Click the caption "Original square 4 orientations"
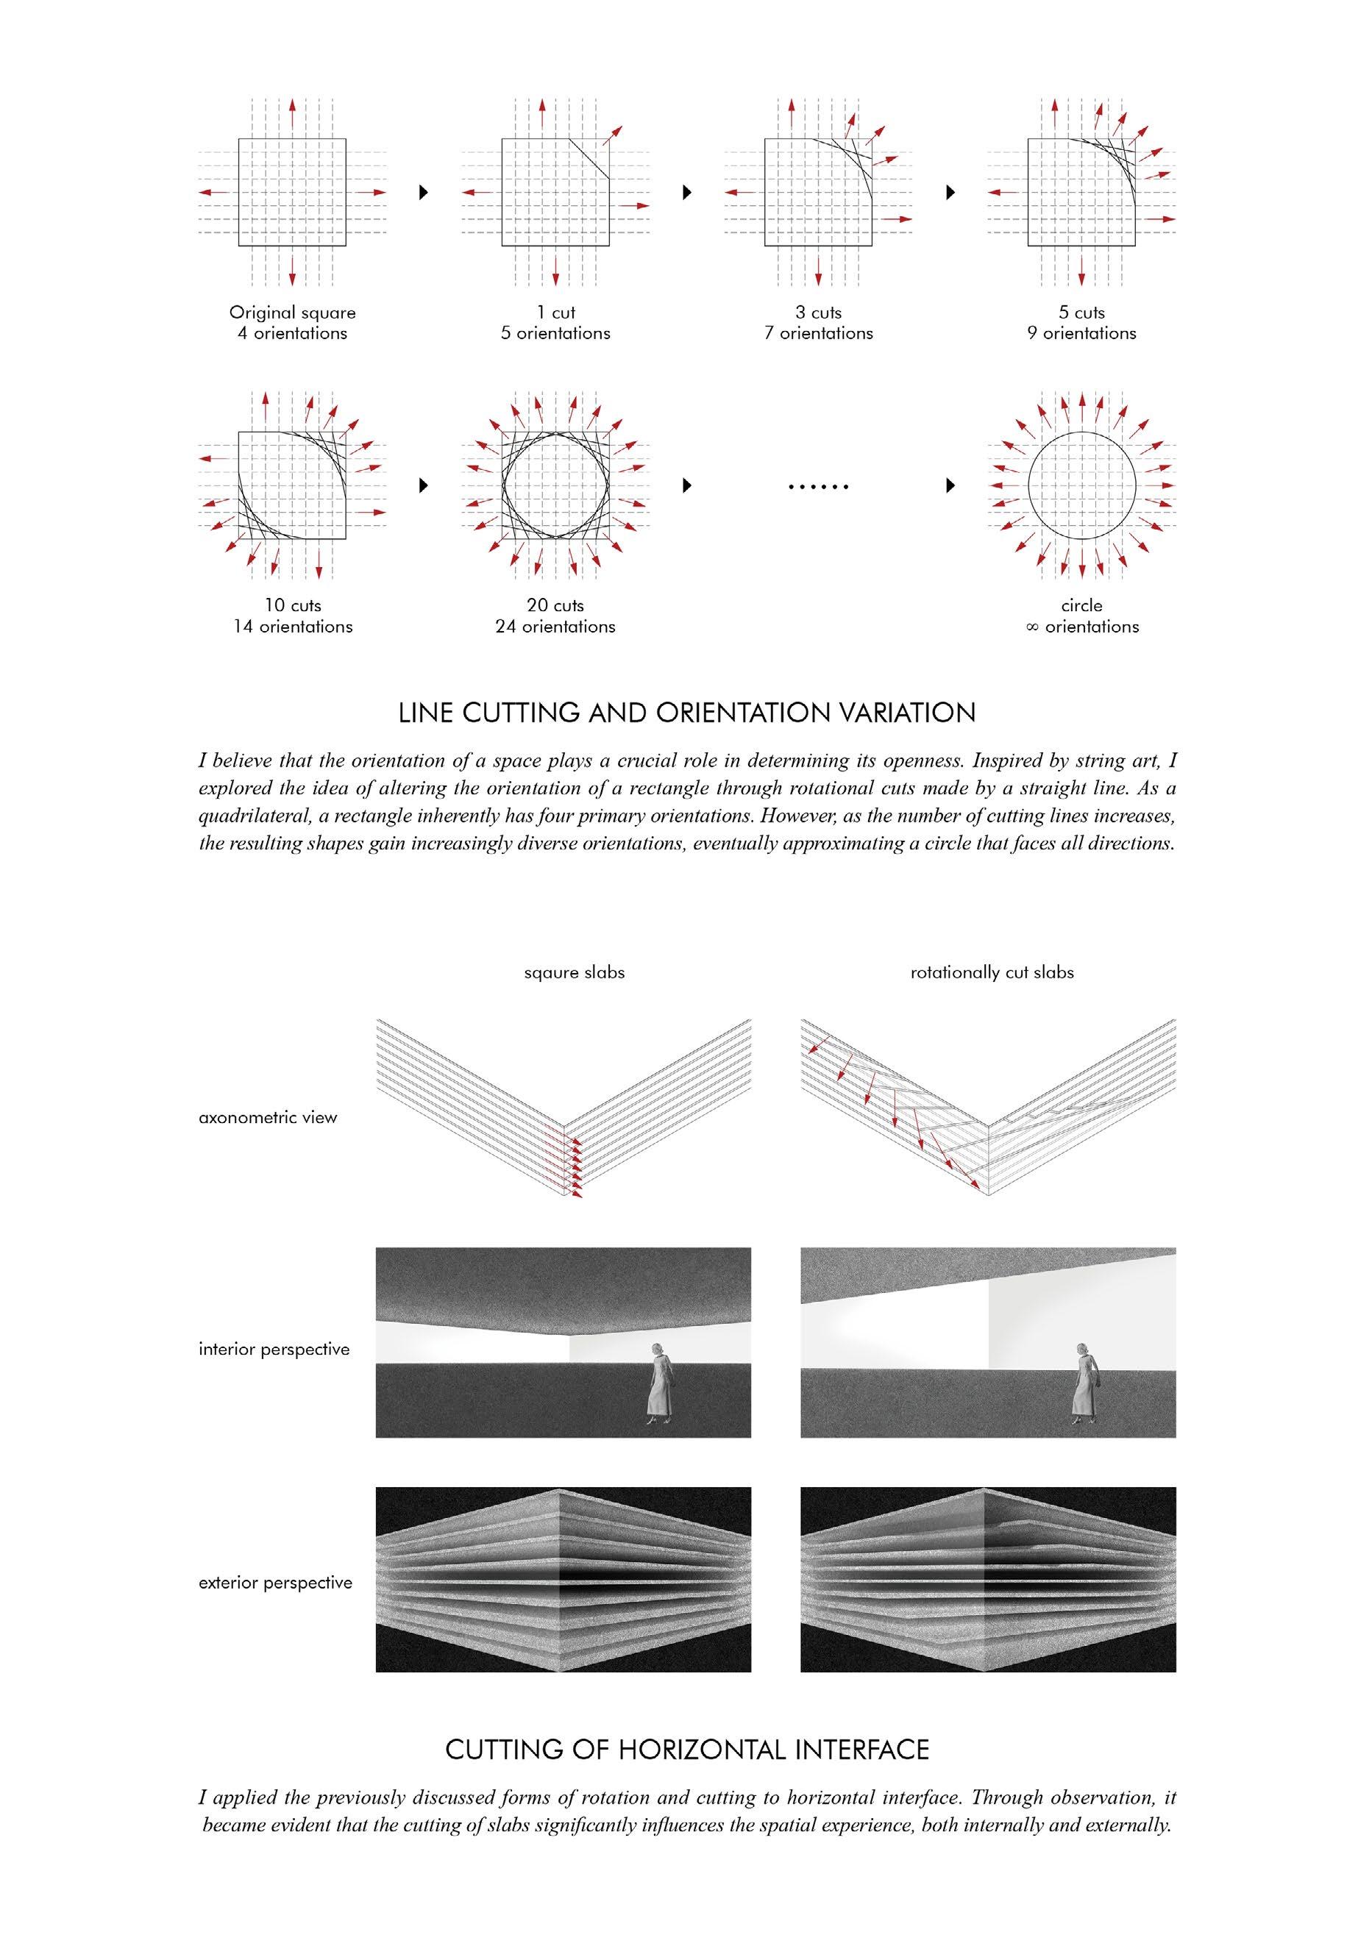[292, 323]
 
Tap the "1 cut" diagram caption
[555, 313]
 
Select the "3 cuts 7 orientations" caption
[818, 323]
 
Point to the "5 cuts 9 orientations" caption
[1081, 323]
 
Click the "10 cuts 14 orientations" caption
[292, 616]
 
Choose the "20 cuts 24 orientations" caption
[555, 616]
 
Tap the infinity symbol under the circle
[1031, 627]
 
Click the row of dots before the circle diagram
[817, 488]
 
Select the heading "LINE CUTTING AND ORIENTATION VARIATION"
[687, 713]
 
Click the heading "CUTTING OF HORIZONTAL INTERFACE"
[687, 1749]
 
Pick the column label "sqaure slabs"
[575, 972]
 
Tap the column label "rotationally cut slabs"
[992, 972]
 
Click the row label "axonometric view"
[268, 1117]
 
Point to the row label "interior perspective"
[274, 1349]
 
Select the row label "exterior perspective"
[275, 1582]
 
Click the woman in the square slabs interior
[659, 1384]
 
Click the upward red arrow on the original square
[292, 115]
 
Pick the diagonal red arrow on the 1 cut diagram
[613, 136]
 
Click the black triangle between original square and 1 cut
[424, 193]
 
